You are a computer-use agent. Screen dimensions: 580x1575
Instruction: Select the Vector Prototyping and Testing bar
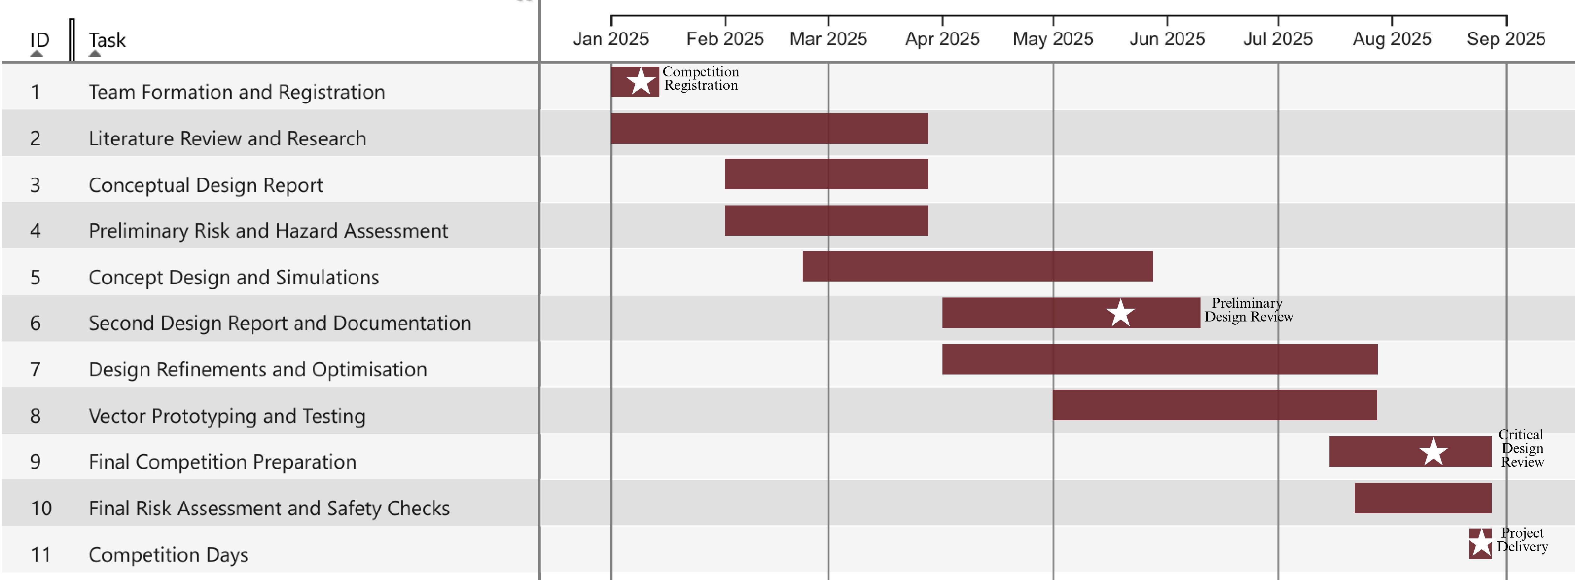tap(1214, 405)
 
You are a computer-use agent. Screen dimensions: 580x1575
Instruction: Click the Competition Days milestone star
tap(1480, 543)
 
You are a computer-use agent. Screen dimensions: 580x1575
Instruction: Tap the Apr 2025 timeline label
tap(942, 39)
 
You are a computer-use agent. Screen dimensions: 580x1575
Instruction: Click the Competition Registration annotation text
tap(701, 79)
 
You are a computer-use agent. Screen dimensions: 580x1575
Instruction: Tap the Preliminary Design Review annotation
tap(1249, 310)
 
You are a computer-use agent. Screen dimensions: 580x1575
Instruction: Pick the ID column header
tap(40, 40)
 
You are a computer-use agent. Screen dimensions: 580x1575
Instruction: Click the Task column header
tap(107, 40)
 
